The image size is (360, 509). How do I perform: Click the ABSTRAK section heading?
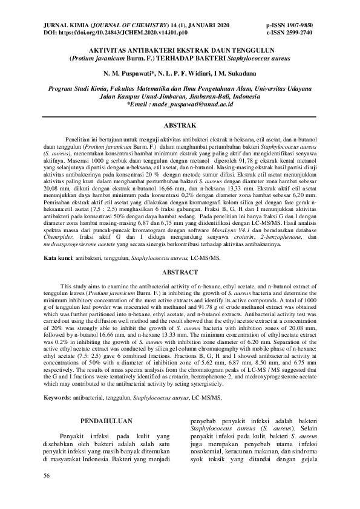[180, 125]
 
